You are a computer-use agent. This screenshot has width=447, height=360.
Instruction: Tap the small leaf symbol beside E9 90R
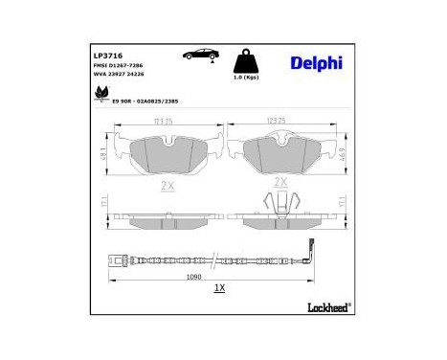tap(98, 92)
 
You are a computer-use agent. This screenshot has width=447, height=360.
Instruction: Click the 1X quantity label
tap(218, 289)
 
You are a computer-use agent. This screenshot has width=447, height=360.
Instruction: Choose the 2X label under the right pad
tap(280, 181)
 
